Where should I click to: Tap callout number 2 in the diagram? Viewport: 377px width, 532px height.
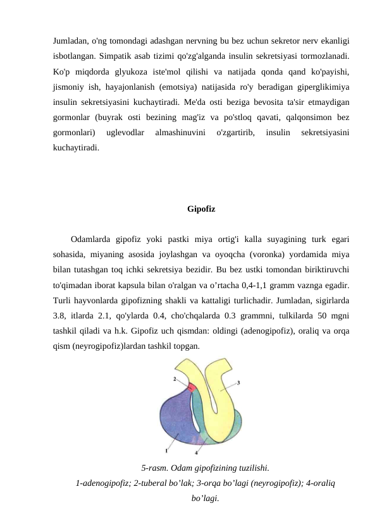175,379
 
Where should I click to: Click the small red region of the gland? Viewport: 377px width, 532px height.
191,387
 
